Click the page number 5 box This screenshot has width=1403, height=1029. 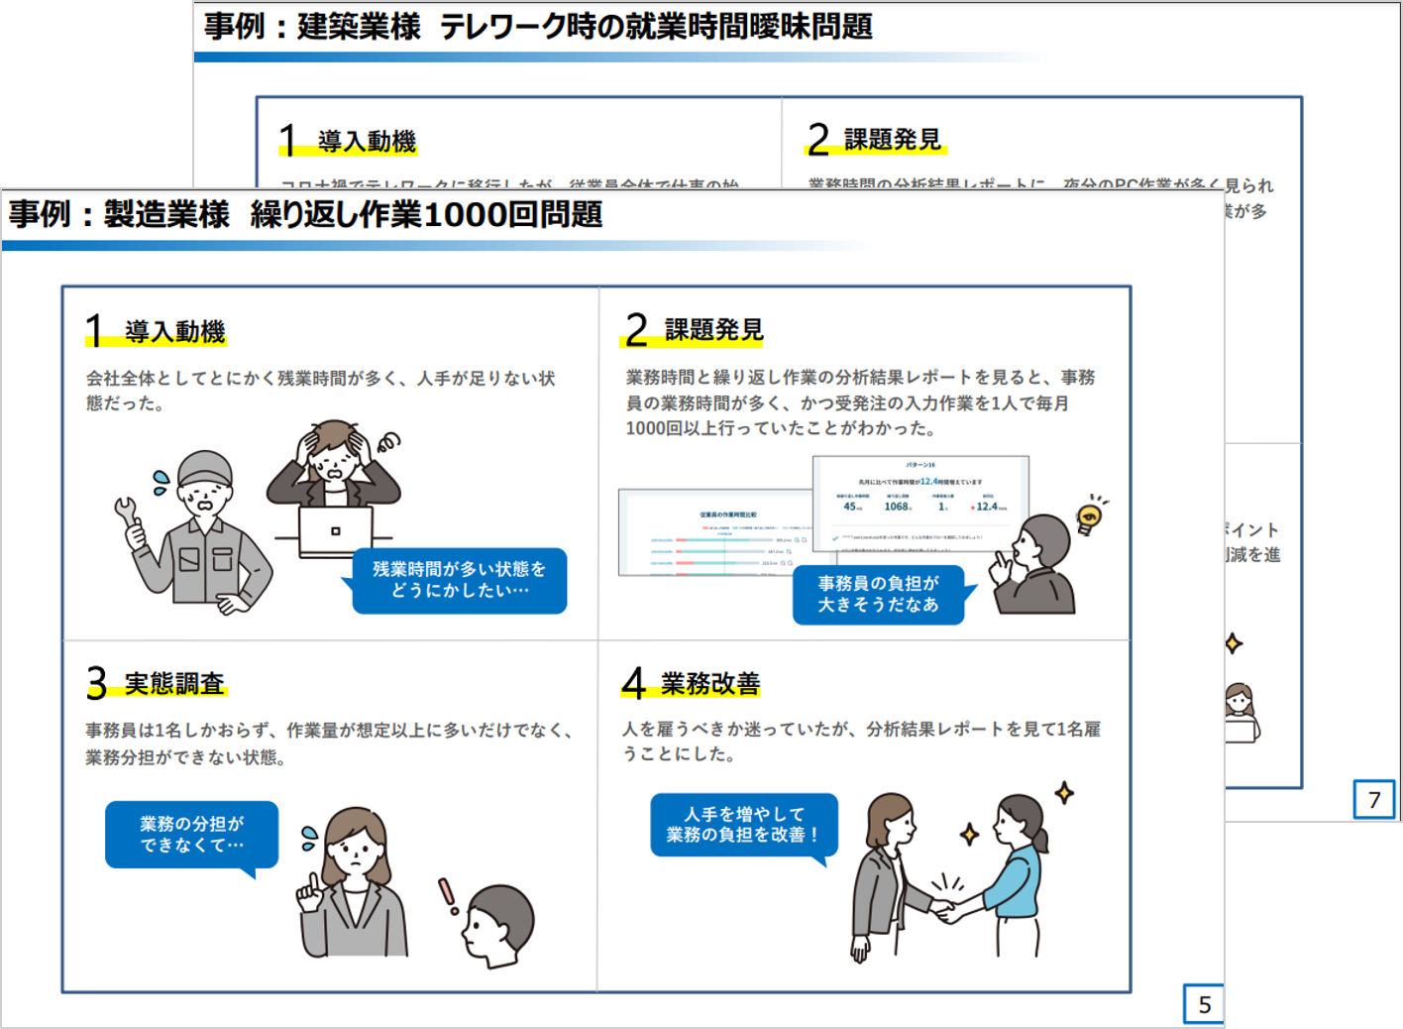[1204, 1004]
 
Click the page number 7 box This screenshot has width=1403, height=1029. [1373, 800]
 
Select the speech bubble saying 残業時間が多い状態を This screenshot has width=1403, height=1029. [459, 580]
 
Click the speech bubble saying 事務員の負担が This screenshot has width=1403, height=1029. [878, 594]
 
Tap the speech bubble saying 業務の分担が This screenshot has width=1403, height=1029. [191, 834]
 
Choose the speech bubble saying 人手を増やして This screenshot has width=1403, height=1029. [743, 824]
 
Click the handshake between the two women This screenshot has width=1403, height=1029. [941, 906]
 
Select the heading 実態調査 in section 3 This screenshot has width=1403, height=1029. [174, 684]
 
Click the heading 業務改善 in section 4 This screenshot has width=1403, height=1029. [710, 683]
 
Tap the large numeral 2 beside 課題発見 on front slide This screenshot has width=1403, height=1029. [636, 330]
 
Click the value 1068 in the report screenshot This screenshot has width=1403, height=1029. [897, 507]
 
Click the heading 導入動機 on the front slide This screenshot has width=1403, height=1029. [175, 331]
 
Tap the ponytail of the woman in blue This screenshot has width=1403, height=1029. [1040, 839]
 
